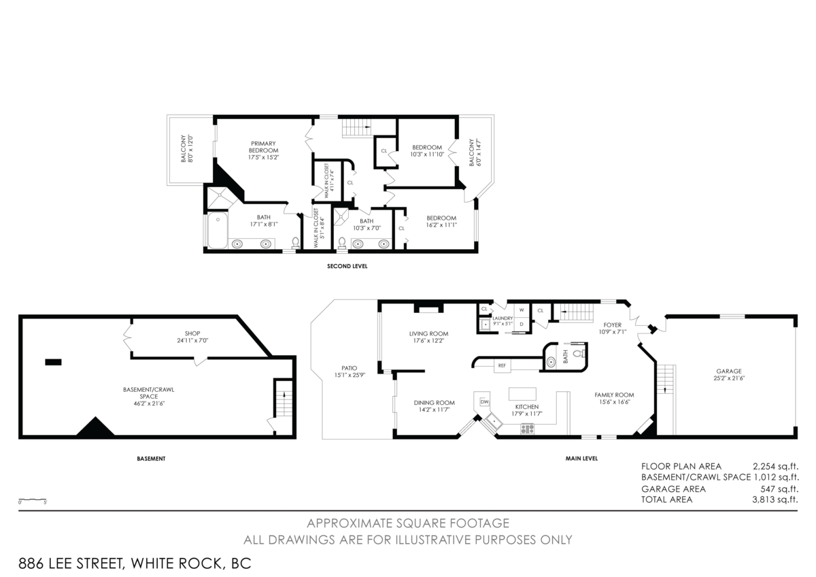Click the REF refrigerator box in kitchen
502,365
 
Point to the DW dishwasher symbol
485,402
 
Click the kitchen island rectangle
522,394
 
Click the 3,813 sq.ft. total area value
775,499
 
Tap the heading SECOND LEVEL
347,267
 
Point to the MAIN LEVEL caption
581,459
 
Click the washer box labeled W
522,310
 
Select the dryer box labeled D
522,324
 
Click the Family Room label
614,398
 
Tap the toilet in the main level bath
579,354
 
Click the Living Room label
428,337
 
